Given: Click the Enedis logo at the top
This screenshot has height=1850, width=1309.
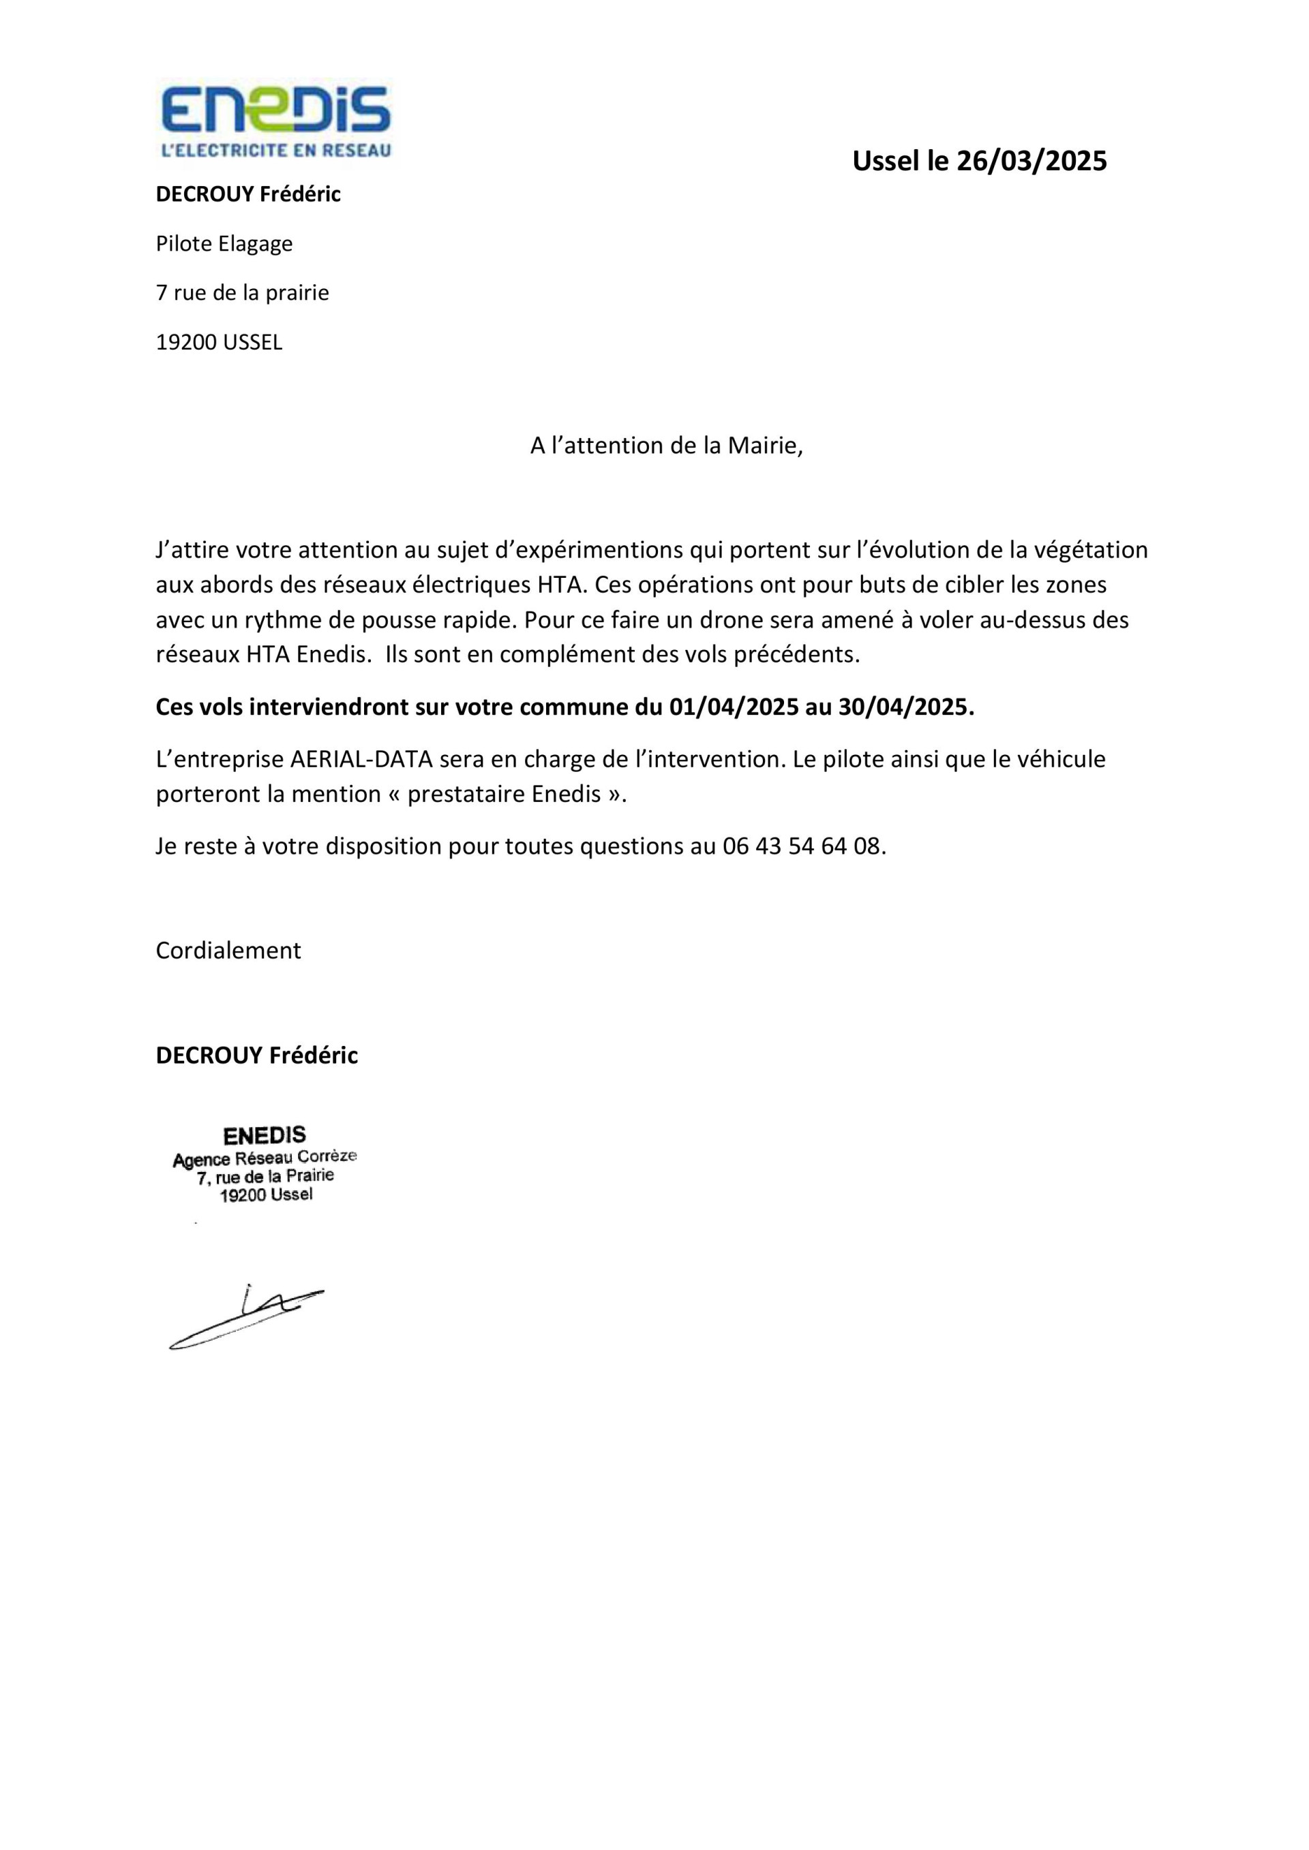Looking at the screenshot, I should click(x=275, y=110).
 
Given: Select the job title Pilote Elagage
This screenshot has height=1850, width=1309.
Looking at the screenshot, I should click(x=224, y=243).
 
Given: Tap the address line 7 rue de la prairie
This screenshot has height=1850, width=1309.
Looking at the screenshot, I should click(x=242, y=292).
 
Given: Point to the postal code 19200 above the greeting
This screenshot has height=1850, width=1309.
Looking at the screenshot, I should click(x=186, y=343).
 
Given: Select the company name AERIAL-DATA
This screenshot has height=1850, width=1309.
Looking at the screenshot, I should click(x=361, y=759).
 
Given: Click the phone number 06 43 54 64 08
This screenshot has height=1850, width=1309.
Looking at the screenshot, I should click(x=803, y=846).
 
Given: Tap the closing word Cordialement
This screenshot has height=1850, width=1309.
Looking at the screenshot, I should click(x=228, y=951).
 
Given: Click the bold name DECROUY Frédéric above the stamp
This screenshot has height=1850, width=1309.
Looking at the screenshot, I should click(x=256, y=1055).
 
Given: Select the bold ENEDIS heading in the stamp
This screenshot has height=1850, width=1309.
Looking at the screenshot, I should click(x=265, y=1135).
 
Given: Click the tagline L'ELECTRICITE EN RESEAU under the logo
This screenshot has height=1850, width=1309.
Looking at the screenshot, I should click(x=275, y=150).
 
